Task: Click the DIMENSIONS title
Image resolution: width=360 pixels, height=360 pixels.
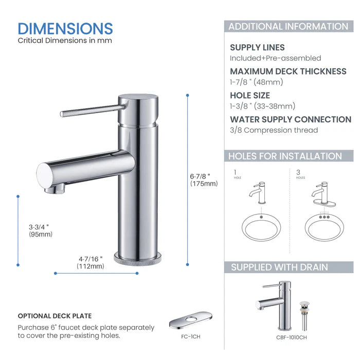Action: point(65,28)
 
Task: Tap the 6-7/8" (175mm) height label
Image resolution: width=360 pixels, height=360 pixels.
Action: point(204,179)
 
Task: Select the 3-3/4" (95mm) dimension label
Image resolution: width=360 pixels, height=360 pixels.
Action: point(40,230)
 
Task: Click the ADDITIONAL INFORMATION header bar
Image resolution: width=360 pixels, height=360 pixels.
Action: point(288,27)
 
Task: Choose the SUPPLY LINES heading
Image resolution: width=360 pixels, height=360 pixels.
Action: point(257,47)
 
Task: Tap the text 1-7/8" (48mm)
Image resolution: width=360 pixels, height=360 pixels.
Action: point(257,82)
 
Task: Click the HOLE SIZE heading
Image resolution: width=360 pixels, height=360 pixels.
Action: point(250,95)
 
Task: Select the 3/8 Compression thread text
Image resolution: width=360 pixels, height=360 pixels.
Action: point(274,130)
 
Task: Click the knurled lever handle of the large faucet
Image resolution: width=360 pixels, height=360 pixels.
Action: point(91,111)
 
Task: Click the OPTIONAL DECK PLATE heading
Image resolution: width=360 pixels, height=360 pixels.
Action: point(55,316)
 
